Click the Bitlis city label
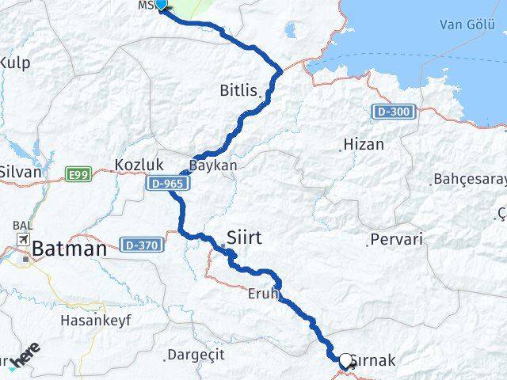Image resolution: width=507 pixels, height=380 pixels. (x=238, y=91)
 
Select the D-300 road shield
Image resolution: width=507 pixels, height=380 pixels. (x=394, y=112)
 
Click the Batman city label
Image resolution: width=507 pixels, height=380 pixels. (x=69, y=249)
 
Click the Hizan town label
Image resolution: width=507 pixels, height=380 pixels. (x=363, y=145)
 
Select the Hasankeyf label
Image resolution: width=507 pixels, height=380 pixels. (x=96, y=321)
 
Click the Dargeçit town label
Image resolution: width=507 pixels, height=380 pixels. (x=193, y=355)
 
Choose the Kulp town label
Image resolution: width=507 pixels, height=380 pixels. (x=16, y=62)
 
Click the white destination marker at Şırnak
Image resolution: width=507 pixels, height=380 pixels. (x=345, y=360)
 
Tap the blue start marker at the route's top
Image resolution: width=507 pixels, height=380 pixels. (x=161, y=4)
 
